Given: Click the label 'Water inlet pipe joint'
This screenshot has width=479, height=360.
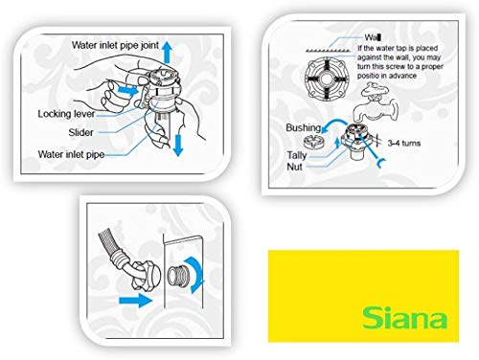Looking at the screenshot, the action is (x=115, y=45).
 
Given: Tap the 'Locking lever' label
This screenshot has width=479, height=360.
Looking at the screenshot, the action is (x=66, y=114).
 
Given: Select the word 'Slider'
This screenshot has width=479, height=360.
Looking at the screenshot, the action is (x=80, y=132).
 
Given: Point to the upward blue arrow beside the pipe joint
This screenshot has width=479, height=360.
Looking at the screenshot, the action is (x=167, y=52).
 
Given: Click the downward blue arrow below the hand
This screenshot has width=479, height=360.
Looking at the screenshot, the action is (x=178, y=146).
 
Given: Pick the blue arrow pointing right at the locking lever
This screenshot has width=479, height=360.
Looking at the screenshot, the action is (x=128, y=90).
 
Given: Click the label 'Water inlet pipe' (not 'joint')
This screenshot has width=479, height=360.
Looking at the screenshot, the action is (x=71, y=154).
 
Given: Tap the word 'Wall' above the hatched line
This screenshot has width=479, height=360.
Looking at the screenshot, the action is (x=373, y=37).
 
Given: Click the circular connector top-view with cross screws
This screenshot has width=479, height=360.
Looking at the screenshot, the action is (x=327, y=79).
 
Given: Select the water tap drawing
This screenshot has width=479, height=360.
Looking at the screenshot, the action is (x=376, y=102).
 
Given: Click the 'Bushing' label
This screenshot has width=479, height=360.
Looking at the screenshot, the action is (x=303, y=127).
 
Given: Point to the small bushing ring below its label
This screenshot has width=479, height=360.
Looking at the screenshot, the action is (x=313, y=142).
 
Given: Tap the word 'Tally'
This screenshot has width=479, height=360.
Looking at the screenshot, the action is (x=297, y=155).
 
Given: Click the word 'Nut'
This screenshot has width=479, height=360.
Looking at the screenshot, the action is (x=294, y=167).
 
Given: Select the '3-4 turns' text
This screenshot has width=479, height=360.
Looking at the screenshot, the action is (x=404, y=143).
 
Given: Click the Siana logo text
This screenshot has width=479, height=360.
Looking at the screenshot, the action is (x=404, y=317).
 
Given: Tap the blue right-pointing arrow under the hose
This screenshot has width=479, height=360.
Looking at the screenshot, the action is (x=135, y=301).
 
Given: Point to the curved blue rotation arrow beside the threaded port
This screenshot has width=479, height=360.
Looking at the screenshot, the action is (x=196, y=274).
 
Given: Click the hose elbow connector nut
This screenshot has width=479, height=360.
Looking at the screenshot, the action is (x=145, y=275).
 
